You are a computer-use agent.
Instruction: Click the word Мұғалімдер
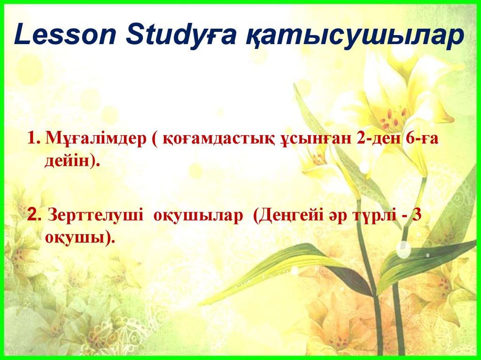point(96,140)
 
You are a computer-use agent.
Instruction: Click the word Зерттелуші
point(95,215)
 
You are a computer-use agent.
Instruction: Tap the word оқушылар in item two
point(198,216)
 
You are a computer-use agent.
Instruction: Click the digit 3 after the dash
point(417,215)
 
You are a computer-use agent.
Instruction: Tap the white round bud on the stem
point(403,249)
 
